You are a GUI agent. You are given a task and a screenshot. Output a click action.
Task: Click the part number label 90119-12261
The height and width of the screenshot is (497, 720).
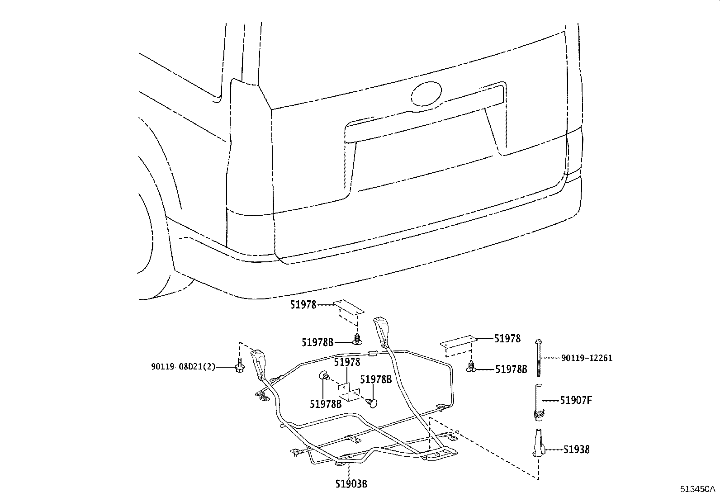coord(587,358)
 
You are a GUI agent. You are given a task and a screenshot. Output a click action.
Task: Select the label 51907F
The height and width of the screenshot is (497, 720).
coord(576,400)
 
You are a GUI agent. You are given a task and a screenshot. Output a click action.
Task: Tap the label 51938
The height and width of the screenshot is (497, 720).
coord(576,450)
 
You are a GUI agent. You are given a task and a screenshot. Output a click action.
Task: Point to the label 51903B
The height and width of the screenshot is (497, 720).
coord(351,484)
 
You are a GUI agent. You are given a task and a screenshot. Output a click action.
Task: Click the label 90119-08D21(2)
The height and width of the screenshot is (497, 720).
coord(184,367)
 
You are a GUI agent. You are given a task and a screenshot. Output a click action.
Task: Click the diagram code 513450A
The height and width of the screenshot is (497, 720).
coord(698,489)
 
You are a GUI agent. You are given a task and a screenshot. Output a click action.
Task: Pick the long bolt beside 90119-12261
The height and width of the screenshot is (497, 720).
coord(539,357)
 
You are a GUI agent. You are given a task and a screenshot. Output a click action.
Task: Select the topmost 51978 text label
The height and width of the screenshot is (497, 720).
coord(303,305)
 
